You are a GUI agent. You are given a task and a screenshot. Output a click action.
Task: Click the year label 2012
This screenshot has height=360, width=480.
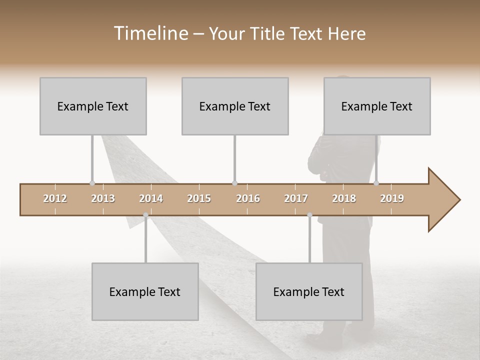(55, 198)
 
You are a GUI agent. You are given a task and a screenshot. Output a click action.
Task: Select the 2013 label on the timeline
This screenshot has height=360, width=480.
(103, 198)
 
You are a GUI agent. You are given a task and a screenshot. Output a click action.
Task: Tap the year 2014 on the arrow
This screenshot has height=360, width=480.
(151, 198)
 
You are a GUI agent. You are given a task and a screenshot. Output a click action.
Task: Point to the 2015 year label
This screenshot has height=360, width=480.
(199, 198)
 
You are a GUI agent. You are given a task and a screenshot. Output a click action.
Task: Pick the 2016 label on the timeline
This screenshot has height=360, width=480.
(248, 198)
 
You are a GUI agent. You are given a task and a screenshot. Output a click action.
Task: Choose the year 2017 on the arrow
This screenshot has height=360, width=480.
(296, 198)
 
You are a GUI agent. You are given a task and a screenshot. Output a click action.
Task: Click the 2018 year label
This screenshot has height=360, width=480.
(344, 198)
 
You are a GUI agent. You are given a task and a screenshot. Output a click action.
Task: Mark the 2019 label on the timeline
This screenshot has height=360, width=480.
(392, 198)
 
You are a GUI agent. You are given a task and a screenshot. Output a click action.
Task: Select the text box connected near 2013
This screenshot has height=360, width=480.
(93, 106)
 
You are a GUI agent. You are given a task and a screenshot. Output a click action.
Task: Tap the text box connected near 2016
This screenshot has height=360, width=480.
(235, 106)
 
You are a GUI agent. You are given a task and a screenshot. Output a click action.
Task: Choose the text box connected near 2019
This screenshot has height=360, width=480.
(377, 106)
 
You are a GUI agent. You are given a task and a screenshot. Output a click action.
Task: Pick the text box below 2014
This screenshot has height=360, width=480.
(145, 291)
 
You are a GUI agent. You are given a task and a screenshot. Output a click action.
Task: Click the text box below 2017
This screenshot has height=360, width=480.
(309, 291)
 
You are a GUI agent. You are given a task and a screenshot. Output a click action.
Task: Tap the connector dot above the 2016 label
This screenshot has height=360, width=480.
(235, 183)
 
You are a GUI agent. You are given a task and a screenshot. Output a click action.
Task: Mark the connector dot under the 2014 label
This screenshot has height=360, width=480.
(145, 215)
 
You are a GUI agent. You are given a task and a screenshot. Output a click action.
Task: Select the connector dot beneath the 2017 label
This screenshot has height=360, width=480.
(309, 215)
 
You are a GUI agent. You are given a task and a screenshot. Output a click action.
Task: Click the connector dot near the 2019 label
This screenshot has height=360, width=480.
(376, 183)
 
